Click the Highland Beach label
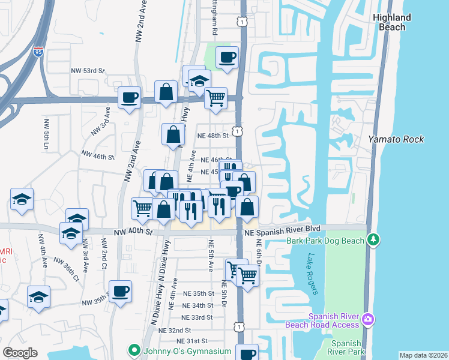pos(391,22)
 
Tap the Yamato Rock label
pos(396,139)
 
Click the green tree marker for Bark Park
pos(374,240)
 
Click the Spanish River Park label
pos(346,347)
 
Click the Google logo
pos(20,352)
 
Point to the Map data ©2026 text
pos(423,355)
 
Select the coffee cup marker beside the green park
pos(228,58)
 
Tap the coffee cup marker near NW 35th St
pos(121,292)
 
